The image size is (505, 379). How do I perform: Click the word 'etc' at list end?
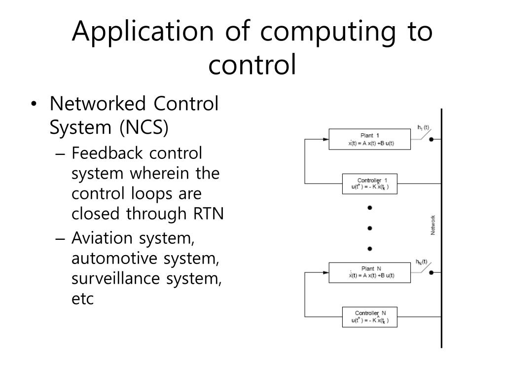coord(82,299)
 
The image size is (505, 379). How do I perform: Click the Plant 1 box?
coord(370,139)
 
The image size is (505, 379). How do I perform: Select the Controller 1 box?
coord(370,184)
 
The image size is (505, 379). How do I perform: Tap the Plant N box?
coord(370,272)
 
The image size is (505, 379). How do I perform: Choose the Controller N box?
coord(370,317)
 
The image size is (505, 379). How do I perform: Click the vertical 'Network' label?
coord(433,225)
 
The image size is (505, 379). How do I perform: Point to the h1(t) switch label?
coord(423,127)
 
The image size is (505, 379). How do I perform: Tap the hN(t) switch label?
coord(422,262)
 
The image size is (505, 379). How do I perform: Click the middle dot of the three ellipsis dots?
coord(369,228)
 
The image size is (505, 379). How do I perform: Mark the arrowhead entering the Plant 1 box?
coord(326,139)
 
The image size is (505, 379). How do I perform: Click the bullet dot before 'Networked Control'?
coord(33,105)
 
